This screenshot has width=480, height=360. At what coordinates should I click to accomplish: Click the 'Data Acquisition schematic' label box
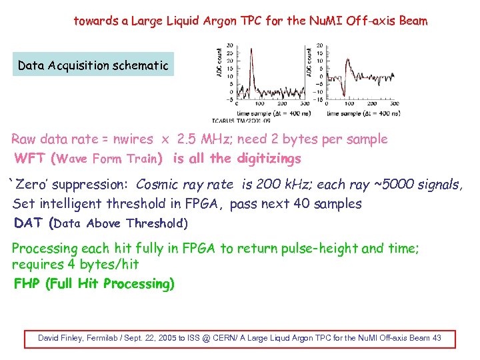(x=93, y=65)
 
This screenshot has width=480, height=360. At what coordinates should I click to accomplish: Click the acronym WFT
(x=31, y=159)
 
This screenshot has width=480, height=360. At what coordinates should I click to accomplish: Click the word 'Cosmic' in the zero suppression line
(x=157, y=185)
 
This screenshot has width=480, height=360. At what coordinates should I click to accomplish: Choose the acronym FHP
(x=27, y=284)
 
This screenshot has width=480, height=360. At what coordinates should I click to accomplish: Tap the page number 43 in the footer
(x=437, y=338)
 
